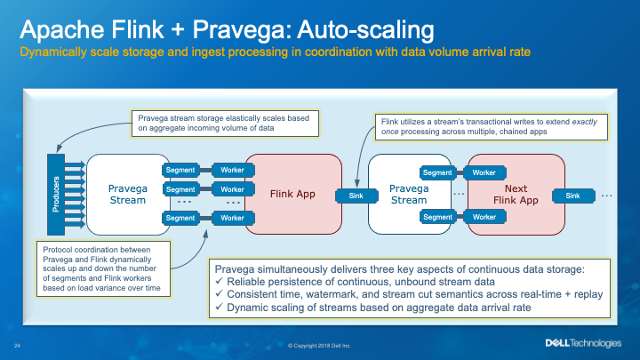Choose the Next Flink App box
point(516,195)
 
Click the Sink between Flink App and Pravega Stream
point(349,194)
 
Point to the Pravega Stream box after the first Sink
point(410,194)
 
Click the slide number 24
point(17,344)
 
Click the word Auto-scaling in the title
point(362,30)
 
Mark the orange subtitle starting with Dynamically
point(276,52)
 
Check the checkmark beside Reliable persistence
point(220,281)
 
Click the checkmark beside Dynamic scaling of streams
point(220,307)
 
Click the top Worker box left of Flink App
point(232,169)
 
